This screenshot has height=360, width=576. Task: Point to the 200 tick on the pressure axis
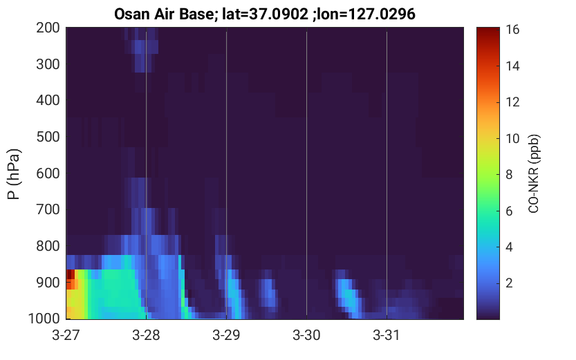(48, 28)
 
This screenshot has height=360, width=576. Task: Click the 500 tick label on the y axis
(48, 137)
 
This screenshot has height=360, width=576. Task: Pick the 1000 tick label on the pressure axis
(44, 318)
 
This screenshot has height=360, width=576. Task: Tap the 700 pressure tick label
(48, 209)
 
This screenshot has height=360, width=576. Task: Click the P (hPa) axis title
(14, 174)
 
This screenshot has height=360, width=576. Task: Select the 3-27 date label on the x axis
(66, 335)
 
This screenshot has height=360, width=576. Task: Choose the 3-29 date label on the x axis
(226, 335)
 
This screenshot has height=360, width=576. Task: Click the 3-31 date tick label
(387, 335)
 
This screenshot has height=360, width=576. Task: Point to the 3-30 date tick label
(306, 335)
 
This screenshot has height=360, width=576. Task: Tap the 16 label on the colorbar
(512, 29)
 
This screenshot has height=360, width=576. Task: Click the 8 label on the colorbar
(509, 174)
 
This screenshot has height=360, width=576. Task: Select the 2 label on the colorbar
(509, 283)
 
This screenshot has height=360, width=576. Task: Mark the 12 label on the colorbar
(512, 102)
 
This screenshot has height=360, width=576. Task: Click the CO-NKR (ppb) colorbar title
(533, 173)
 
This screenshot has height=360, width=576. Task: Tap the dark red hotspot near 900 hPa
(71, 275)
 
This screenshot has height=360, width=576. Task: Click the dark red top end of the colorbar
(488, 31)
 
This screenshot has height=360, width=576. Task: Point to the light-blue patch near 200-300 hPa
(141, 46)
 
